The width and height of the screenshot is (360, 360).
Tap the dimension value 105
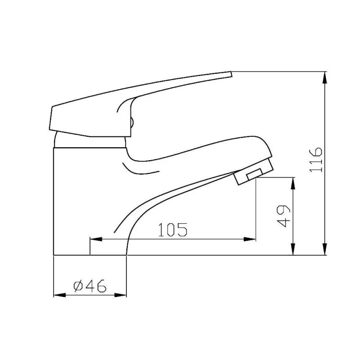(172, 230)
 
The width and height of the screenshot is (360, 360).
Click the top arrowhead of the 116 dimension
(325, 77)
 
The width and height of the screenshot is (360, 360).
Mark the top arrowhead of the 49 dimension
(293, 183)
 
